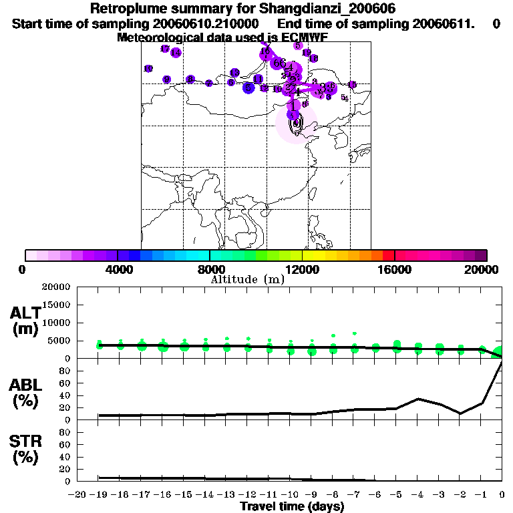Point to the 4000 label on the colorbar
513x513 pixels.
[116, 270]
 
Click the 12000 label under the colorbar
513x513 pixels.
[302, 270]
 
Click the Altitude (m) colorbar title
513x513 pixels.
[248, 279]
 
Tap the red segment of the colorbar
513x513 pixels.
[388, 255]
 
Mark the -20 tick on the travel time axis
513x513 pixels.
[79, 494]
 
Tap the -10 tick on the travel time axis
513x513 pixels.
[290, 494]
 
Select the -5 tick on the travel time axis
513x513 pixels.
[396, 494]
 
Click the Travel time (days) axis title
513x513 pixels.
[291, 506]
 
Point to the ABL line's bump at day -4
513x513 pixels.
[417, 399]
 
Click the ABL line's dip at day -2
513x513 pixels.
[460, 413]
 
